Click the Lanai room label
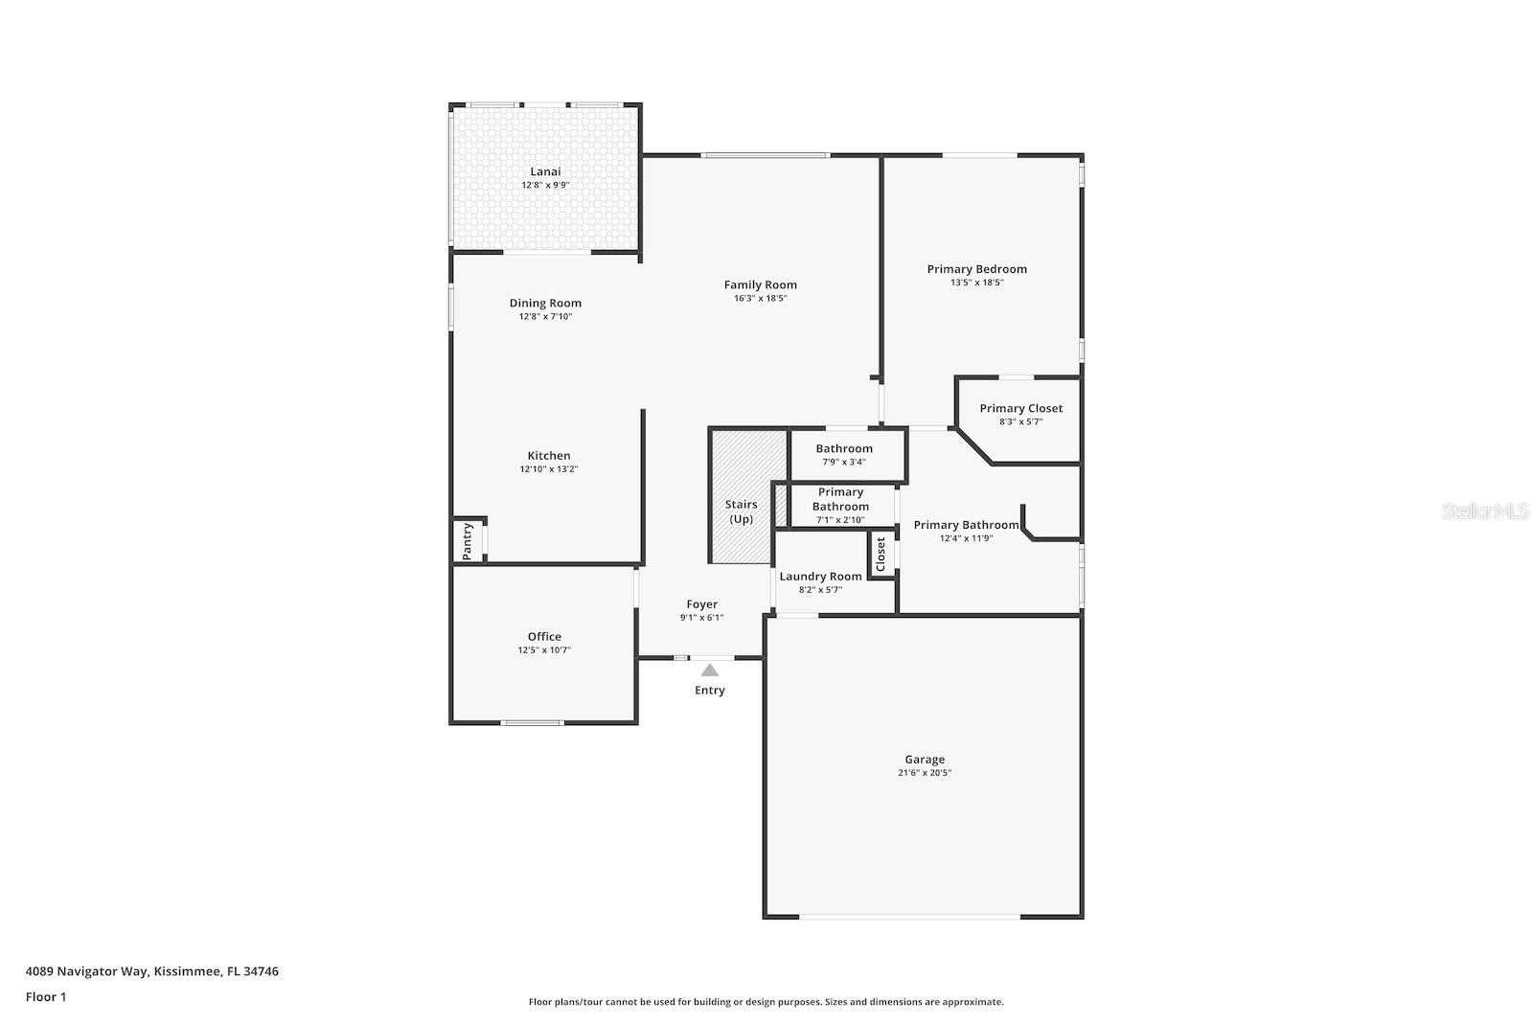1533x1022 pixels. point(545,171)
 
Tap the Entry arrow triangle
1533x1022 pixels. point(709,670)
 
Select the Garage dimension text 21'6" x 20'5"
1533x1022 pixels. point(925,773)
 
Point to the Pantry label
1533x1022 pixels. point(468,541)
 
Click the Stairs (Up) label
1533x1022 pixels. point(741,511)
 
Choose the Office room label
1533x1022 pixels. point(544,636)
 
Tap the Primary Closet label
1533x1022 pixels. point(1020,408)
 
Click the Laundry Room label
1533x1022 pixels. point(820,576)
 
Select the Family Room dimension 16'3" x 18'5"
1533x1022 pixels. point(760,298)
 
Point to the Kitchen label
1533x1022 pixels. point(549,456)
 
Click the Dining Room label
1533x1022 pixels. point(545,303)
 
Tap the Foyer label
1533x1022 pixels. point(701,604)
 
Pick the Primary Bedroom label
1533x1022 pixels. point(976,269)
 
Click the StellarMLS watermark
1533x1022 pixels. point(1485,511)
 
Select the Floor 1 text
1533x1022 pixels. point(46,997)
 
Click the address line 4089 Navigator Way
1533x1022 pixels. point(151,971)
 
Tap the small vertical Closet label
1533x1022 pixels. point(881,555)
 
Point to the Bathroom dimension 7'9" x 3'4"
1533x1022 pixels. point(844,462)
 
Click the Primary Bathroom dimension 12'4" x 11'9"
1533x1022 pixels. point(966,538)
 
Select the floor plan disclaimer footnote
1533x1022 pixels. point(766,1002)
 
